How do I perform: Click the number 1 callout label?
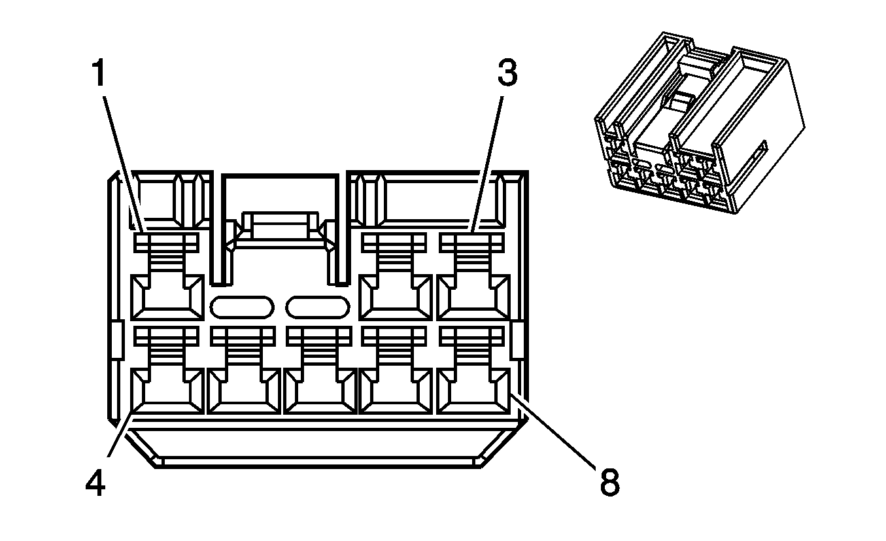pos(97,74)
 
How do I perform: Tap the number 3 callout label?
pos(507,74)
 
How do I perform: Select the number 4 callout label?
pos(95,483)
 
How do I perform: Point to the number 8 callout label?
pos(608,483)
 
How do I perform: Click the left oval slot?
pos(242,307)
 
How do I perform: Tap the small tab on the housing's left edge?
pos(115,340)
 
